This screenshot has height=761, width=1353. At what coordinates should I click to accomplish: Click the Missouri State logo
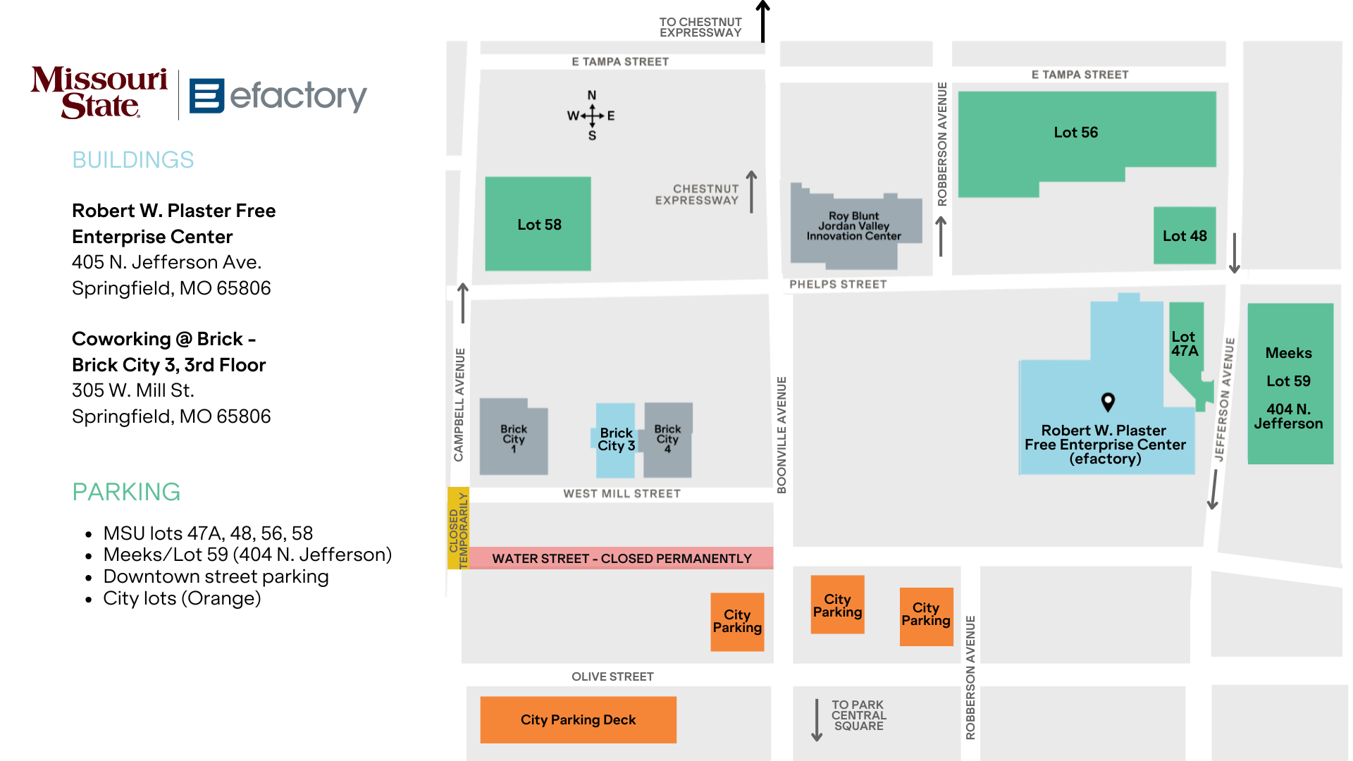coord(99,92)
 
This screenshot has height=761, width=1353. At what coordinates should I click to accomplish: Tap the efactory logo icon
coord(206,96)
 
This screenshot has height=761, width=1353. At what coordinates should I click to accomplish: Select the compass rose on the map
coord(592,116)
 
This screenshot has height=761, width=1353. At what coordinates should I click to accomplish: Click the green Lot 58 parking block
coord(538,224)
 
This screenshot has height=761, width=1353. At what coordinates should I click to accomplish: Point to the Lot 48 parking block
coord(1185,235)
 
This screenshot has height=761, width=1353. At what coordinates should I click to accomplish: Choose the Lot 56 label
coord(1075,132)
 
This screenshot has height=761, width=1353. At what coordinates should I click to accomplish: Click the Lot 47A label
coord(1185,344)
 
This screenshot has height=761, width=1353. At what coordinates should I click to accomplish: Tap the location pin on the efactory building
coord(1108,402)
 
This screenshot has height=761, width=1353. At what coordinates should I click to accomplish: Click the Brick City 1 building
coord(513,437)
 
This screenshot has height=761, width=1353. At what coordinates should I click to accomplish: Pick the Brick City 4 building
coord(667,440)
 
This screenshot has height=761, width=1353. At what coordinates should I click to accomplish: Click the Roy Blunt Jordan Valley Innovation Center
coord(855,227)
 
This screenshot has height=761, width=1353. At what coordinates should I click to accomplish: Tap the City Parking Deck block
coord(578,719)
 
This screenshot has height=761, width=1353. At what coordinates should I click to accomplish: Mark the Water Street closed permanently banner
coord(622,558)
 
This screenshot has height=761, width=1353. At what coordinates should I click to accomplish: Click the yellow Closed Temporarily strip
coord(458,528)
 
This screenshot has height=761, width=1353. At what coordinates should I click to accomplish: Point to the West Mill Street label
coord(622,494)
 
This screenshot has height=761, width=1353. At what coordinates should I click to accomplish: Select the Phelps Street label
coord(838,284)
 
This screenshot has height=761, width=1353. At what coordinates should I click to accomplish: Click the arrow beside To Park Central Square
coord(817,719)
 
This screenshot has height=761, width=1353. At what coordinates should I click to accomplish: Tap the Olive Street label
coord(612,676)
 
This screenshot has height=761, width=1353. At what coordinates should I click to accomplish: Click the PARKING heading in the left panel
coord(126,492)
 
